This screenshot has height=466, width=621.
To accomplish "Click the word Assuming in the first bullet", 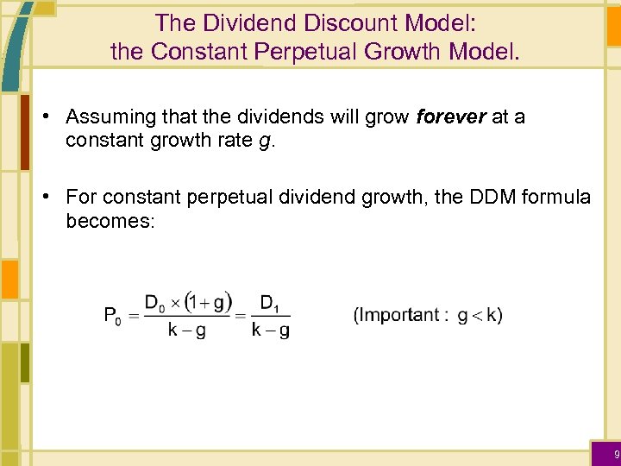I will coord(104,116).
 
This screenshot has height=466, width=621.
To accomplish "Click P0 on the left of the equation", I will coord(113,316).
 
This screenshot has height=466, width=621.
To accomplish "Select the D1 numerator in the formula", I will coord(269,303).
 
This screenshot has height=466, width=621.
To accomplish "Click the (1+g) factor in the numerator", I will coord(210,303).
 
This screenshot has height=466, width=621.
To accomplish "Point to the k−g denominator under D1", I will coord(270,330).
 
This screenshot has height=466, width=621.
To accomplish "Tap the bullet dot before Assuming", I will coord(53,117).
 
